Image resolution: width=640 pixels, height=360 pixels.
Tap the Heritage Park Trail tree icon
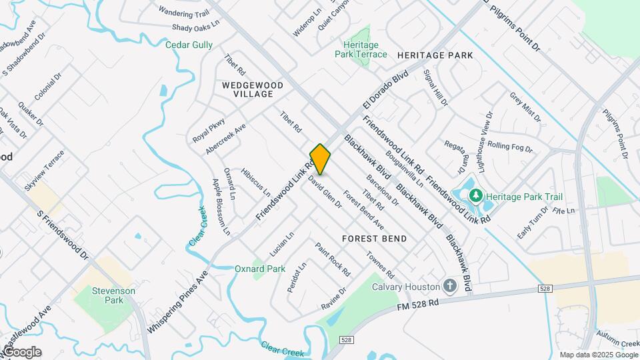click(475, 196)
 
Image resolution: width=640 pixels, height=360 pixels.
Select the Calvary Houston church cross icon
click(450, 287)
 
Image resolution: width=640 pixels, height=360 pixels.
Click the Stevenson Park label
click(113, 295)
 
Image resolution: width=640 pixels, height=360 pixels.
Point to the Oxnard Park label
click(260, 269)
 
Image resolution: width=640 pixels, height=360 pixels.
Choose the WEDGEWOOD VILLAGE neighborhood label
click(243, 89)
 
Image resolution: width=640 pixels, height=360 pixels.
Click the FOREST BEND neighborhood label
click(374, 238)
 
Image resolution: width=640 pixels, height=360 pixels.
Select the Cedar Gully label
click(189, 45)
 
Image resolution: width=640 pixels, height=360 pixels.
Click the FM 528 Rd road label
click(417, 303)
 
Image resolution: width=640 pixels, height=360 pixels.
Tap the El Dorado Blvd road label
click(385, 92)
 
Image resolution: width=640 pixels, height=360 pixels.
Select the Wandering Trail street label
click(183, 12)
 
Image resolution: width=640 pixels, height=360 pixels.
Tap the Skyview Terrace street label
click(45, 171)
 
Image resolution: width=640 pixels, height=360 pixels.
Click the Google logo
click(21, 352)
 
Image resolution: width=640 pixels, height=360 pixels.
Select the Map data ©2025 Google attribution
click(599, 355)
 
